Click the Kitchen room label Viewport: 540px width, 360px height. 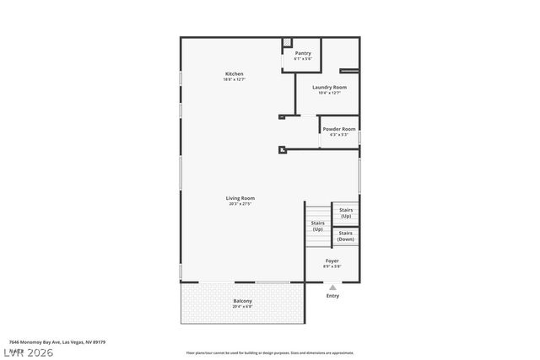pyautogui.click(x=234, y=74)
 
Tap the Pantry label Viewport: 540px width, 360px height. pyautogui.click(x=303, y=53)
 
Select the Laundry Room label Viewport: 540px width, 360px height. pyautogui.click(x=329, y=87)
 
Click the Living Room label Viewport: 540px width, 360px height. pyautogui.click(x=240, y=198)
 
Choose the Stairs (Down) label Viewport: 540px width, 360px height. pyautogui.click(x=345, y=236)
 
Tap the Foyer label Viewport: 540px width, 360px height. pyautogui.click(x=332, y=261)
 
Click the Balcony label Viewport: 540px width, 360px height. pyautogui.click(x=242, y=301)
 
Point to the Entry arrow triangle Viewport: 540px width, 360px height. pyautogui.click(x=332, y=287)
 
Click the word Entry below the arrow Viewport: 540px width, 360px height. pyautogui.click(x=332, y=296)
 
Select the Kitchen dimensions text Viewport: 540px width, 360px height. pyautogui.click(x=234, y=80)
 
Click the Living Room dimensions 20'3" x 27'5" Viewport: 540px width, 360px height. pyautogui.click(x=240, y=204)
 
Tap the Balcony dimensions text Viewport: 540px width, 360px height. pyautogui.click(x=242, y=307)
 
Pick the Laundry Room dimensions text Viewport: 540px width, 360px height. pyautogui.click(x=329, y=93)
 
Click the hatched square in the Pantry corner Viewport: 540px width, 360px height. pyautogui.click(x=287, y=41)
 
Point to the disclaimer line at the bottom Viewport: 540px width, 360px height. pyautogui.click(x=269, y=353)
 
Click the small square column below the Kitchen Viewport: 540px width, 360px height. pyautogui.click(x=283, y=151)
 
